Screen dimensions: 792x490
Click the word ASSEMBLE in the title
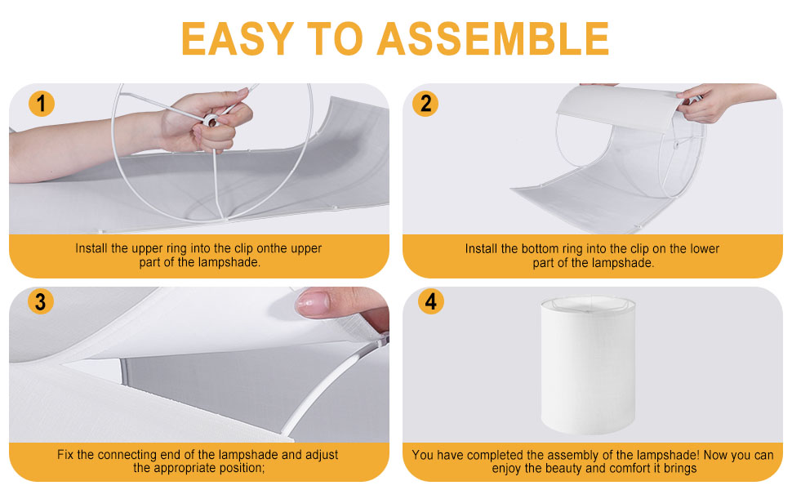click(493, 39)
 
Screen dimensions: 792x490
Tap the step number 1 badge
click(42, 104)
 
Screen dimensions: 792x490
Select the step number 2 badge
click(425, 104)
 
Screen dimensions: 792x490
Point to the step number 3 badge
click(40, 301)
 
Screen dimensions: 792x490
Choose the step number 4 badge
click(431, 301)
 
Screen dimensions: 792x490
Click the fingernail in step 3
click(313, 304)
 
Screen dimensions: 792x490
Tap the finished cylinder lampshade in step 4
click(588, 365)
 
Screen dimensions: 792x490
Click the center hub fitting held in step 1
click(210, 121)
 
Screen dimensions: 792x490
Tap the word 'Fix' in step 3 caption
click(65, 455)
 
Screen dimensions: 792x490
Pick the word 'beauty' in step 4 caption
click(557, 469)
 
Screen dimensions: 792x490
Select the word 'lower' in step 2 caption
click(705, 248)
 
